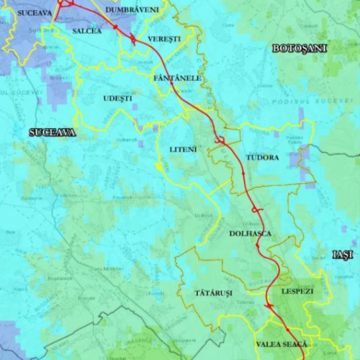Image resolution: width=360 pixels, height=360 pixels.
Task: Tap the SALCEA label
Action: (87, 32)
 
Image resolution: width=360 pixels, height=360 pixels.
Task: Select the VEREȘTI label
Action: (164, 37)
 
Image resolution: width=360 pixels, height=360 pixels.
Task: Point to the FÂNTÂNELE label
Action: (177, 77)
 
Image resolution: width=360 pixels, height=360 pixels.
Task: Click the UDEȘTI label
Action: (118, 98)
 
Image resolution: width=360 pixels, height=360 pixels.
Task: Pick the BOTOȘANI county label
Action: (300, 48)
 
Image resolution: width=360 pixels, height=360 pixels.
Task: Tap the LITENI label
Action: (182, 149)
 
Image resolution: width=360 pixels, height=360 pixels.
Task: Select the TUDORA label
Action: (262, 157)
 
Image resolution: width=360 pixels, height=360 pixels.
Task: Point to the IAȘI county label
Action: (343, 255)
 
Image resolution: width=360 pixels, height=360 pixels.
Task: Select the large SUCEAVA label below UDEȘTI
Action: (52, 132)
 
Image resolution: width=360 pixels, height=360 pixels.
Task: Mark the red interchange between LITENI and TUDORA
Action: (222, 140)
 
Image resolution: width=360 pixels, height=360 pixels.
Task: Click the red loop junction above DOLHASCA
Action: (256, 210)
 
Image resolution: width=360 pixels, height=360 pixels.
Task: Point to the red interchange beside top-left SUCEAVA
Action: (67, 4)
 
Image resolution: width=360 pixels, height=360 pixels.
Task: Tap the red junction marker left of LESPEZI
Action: (268, 306)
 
